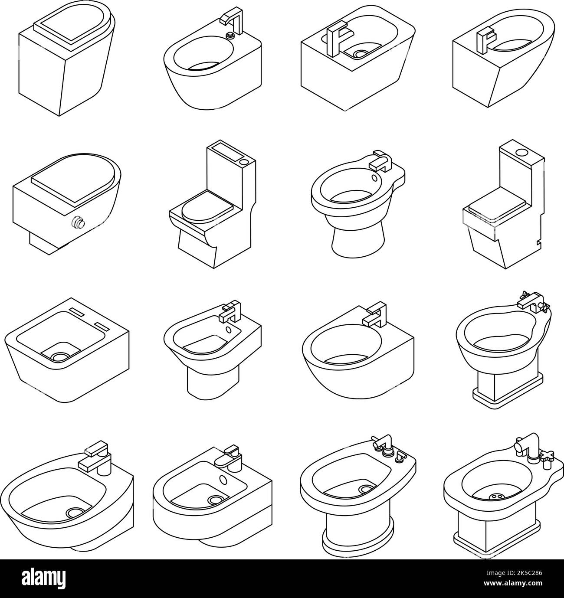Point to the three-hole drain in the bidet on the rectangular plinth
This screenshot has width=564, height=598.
point(495,497)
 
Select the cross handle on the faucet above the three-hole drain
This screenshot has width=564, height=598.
point(547,456)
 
